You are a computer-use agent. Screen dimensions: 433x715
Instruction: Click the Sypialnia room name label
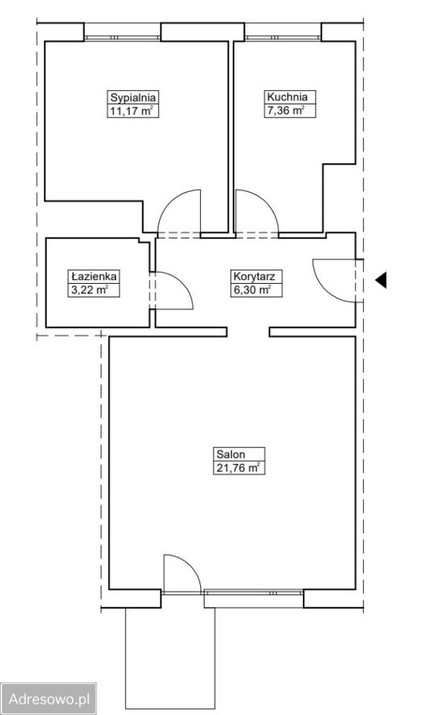[133, 98]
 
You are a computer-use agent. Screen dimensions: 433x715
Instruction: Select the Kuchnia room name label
[287, 97]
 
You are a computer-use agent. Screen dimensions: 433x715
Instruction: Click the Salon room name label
[231, 454]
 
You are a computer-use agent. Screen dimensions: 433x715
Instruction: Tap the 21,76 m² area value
[238, 468]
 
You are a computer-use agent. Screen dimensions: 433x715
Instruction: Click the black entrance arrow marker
[381, 279]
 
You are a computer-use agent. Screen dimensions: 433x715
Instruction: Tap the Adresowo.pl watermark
[48, 698]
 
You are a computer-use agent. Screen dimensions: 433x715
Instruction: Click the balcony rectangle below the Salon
[170, 661]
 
